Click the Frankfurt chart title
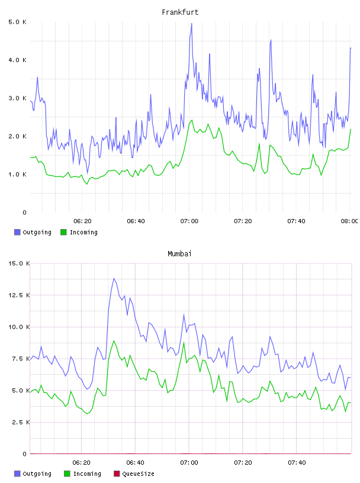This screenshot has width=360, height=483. click(180, 12)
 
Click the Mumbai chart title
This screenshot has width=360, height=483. click(179, 254)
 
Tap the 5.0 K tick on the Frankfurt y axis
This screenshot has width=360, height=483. click(17, 22)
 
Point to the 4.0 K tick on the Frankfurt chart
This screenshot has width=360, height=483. click(17, 60)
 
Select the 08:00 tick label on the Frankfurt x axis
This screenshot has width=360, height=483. click(349, 221)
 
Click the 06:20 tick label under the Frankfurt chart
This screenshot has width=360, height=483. click(82, 221)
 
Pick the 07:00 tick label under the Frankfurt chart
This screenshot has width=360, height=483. click(189, 221)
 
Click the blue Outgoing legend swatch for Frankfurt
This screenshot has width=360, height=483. click(17, 232)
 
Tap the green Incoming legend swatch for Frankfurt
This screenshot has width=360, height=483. click(63, 232)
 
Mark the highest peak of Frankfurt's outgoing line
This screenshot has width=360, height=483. click(191, 24)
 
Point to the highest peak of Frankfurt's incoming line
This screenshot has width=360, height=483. click(192, 120)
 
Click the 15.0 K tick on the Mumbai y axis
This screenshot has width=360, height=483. click(19, 263)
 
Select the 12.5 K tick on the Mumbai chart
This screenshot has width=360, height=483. click(19, 295)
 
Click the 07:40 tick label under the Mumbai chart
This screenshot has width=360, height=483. click(297, 463)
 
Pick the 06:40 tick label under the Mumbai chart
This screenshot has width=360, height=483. click(136, 463)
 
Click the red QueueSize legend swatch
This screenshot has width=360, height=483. click(117, 474)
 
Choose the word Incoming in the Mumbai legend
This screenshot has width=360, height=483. click(87, 474)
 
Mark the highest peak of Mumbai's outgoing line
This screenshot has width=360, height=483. click(114, 278)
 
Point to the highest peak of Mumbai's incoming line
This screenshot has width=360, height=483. click(114, 341)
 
